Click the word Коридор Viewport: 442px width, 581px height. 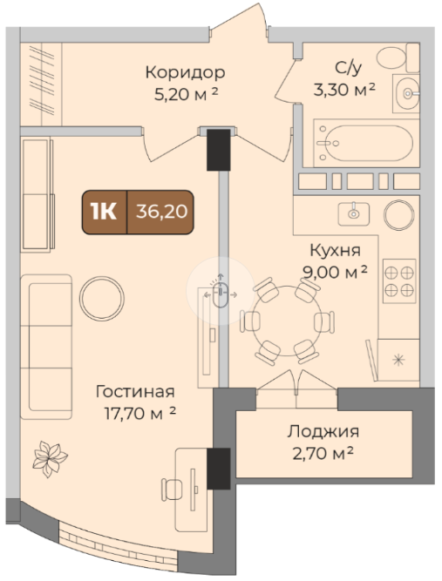(185, 72)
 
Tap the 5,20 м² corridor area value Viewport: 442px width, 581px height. (186, 95)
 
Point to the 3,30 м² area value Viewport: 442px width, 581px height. (344, 90)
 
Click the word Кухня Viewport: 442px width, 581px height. (336, 251)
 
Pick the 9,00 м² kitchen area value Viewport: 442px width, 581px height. (336, 273)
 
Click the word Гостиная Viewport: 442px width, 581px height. (135, 392)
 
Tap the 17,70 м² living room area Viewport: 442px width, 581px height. (139, 414)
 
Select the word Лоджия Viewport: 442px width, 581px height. (323, 432)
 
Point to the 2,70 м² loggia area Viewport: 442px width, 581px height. (323, 453)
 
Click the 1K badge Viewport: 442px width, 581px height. (104, 212)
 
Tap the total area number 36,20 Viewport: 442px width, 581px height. (161, 212)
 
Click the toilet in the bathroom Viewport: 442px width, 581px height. (398, 57)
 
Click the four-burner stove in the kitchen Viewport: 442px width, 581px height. (399, 281)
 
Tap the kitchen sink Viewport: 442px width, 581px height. (353, 213)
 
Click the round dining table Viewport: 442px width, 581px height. (287, 321)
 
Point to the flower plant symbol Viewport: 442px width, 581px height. (50, 459)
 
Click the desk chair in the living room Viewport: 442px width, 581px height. (172, 490)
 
